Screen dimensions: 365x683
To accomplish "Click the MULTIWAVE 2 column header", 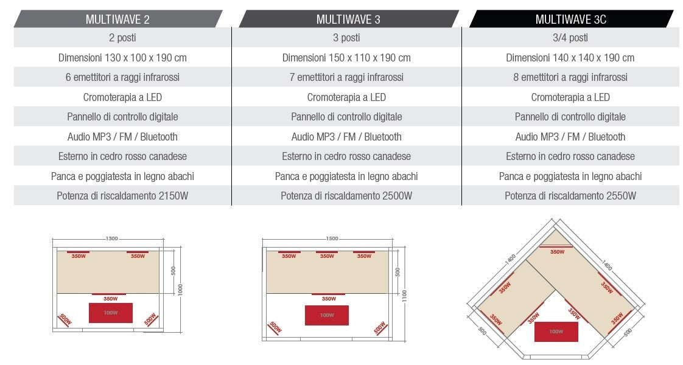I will click(x=117, y=19).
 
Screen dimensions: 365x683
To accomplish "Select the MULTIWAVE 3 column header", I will click(x=348, y=19).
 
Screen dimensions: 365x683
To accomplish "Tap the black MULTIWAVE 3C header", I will click(x=570, y=19).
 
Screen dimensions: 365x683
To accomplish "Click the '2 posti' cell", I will click(x=122, y=38).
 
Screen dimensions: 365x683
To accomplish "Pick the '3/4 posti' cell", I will click(x=570, y=38).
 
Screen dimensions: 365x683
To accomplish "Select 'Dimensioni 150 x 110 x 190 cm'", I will click(x=346, y=58).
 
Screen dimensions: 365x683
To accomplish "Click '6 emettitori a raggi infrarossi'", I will click(x=122, y=77).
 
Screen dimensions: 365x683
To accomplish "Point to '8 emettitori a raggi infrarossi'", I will click(x=570, y=77).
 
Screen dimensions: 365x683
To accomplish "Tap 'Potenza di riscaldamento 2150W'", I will click(x=122, y=196).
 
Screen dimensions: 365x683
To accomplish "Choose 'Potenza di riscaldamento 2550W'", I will click(x=570, y=196).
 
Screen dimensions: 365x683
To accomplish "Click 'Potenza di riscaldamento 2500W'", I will click(x=346, y=196).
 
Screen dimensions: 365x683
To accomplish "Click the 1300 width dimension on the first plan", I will click(x=111, y=238).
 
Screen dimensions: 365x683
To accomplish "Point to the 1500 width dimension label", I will click(x=332, y=238).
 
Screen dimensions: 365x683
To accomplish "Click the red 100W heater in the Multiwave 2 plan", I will click(x=110, y=313).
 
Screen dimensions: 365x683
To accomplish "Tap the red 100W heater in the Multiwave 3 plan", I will click(x=327, y=315).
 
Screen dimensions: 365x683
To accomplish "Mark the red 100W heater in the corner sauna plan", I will click(x=556, y=332).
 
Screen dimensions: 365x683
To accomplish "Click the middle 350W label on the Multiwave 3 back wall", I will click(x=327, y=256).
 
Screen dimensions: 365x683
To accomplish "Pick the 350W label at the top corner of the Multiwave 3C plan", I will click(x=556, y=251).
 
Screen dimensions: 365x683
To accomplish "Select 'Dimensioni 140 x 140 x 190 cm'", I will click(x=570, y=58).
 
